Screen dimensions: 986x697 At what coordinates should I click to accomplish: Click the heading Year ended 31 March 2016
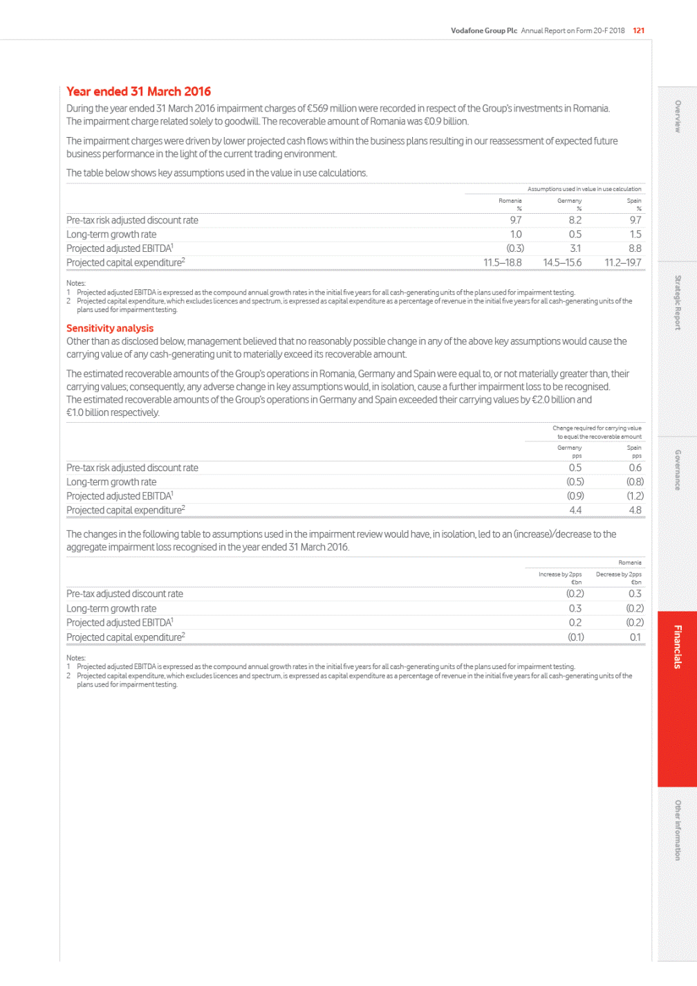click(x=138, y=91)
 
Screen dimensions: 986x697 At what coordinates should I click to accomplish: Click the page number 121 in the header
click(x=638, y=30)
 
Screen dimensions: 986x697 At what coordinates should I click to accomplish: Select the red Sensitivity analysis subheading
click(x=110, y=328)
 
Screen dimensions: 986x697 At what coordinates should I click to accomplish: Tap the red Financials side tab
click(x=678, y=647)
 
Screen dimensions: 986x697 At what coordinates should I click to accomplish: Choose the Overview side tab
click(x=678, y=116)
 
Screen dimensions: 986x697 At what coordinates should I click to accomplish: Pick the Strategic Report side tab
click(x=678, y=302)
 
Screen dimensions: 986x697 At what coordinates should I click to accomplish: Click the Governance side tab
click(x=678, y=470)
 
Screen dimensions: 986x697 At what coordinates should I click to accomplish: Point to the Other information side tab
click(x=678, y=830)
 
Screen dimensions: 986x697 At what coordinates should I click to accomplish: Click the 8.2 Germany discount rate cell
click(x=575, y=220)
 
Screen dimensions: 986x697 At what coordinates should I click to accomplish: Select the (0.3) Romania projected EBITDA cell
click(x=515, y=248)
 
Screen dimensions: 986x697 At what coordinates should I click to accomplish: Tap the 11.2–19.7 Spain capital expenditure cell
click(x=622, y=263)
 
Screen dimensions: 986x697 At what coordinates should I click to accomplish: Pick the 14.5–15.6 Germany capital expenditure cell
click(x=562, y=263)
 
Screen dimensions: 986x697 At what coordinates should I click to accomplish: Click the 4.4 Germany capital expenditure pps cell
click(x=575, y=510)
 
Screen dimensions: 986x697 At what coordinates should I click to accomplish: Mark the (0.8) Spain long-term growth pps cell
click(x=635, y=482)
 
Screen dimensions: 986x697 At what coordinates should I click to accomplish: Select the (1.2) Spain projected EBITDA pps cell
click(x=635, y=496)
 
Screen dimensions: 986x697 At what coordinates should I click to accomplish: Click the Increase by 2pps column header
click(x=560, y=574)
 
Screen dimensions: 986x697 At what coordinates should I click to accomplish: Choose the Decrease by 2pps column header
click(x=618, y=574)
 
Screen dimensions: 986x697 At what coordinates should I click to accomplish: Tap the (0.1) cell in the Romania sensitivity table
click(x=575, y=637)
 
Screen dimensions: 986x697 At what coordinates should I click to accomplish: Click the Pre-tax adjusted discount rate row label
click(x=124, y=594)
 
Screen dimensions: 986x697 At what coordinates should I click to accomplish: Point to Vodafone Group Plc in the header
click(x=483, y=30)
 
